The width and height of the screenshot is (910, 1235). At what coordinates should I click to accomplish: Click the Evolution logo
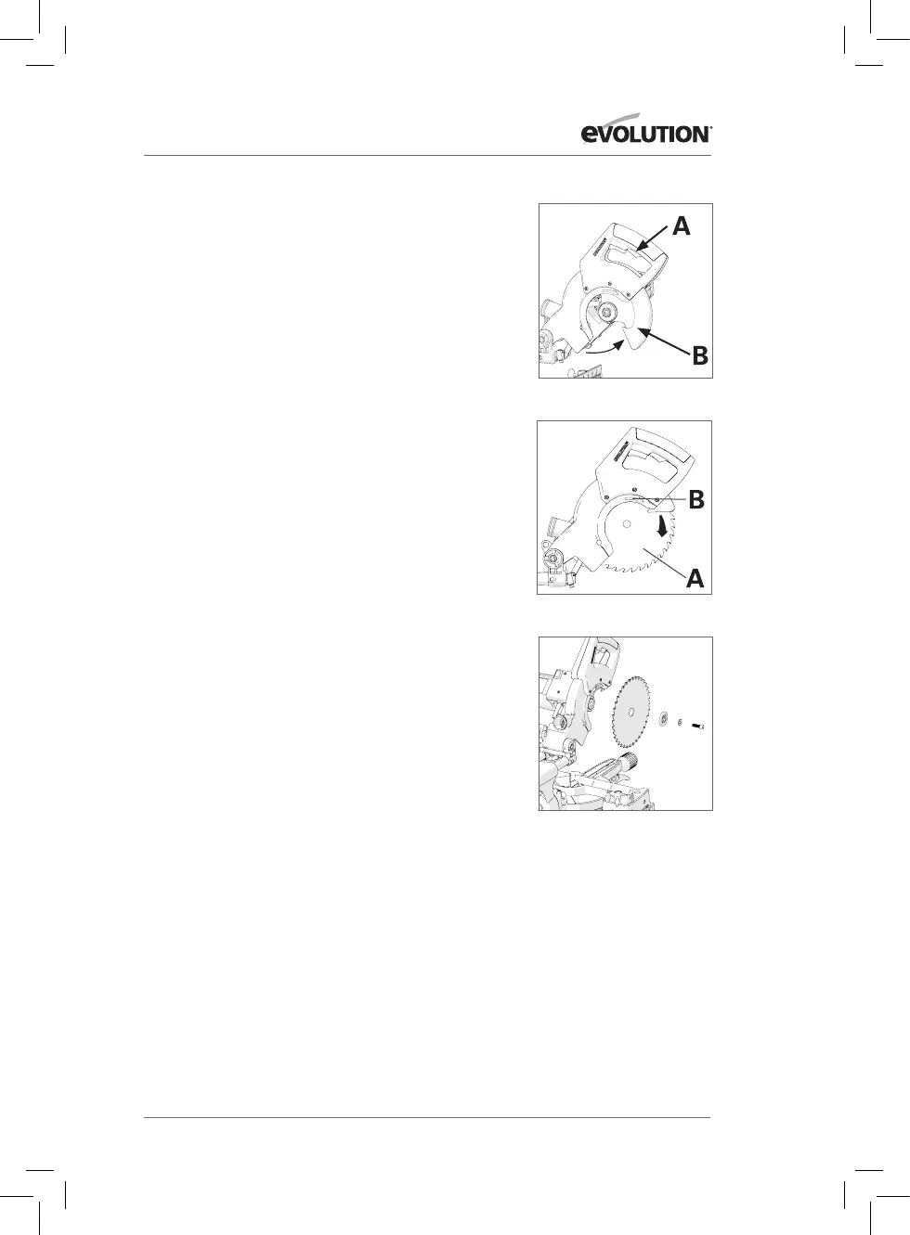[x=645, y=129]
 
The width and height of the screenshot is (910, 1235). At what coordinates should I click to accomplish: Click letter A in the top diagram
[x=682, y=226]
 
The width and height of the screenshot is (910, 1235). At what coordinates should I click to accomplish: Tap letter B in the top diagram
[x=700, y=355]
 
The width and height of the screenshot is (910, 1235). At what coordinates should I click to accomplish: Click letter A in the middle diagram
[x=695, y=578]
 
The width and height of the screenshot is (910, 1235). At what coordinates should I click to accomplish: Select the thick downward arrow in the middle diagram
[x=662, y=529]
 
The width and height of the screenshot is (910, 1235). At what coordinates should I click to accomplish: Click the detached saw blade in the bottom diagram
[x=631, y=714]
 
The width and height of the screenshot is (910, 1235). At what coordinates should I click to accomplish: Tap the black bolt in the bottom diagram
[x=698, y=727]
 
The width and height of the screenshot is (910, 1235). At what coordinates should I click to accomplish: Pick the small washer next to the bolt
[x=680, y=722]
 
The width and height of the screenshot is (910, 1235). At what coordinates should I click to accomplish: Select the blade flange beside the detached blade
[x=663, y=718]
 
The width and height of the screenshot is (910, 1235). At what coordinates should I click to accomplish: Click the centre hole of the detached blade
[x=630, y=712]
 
